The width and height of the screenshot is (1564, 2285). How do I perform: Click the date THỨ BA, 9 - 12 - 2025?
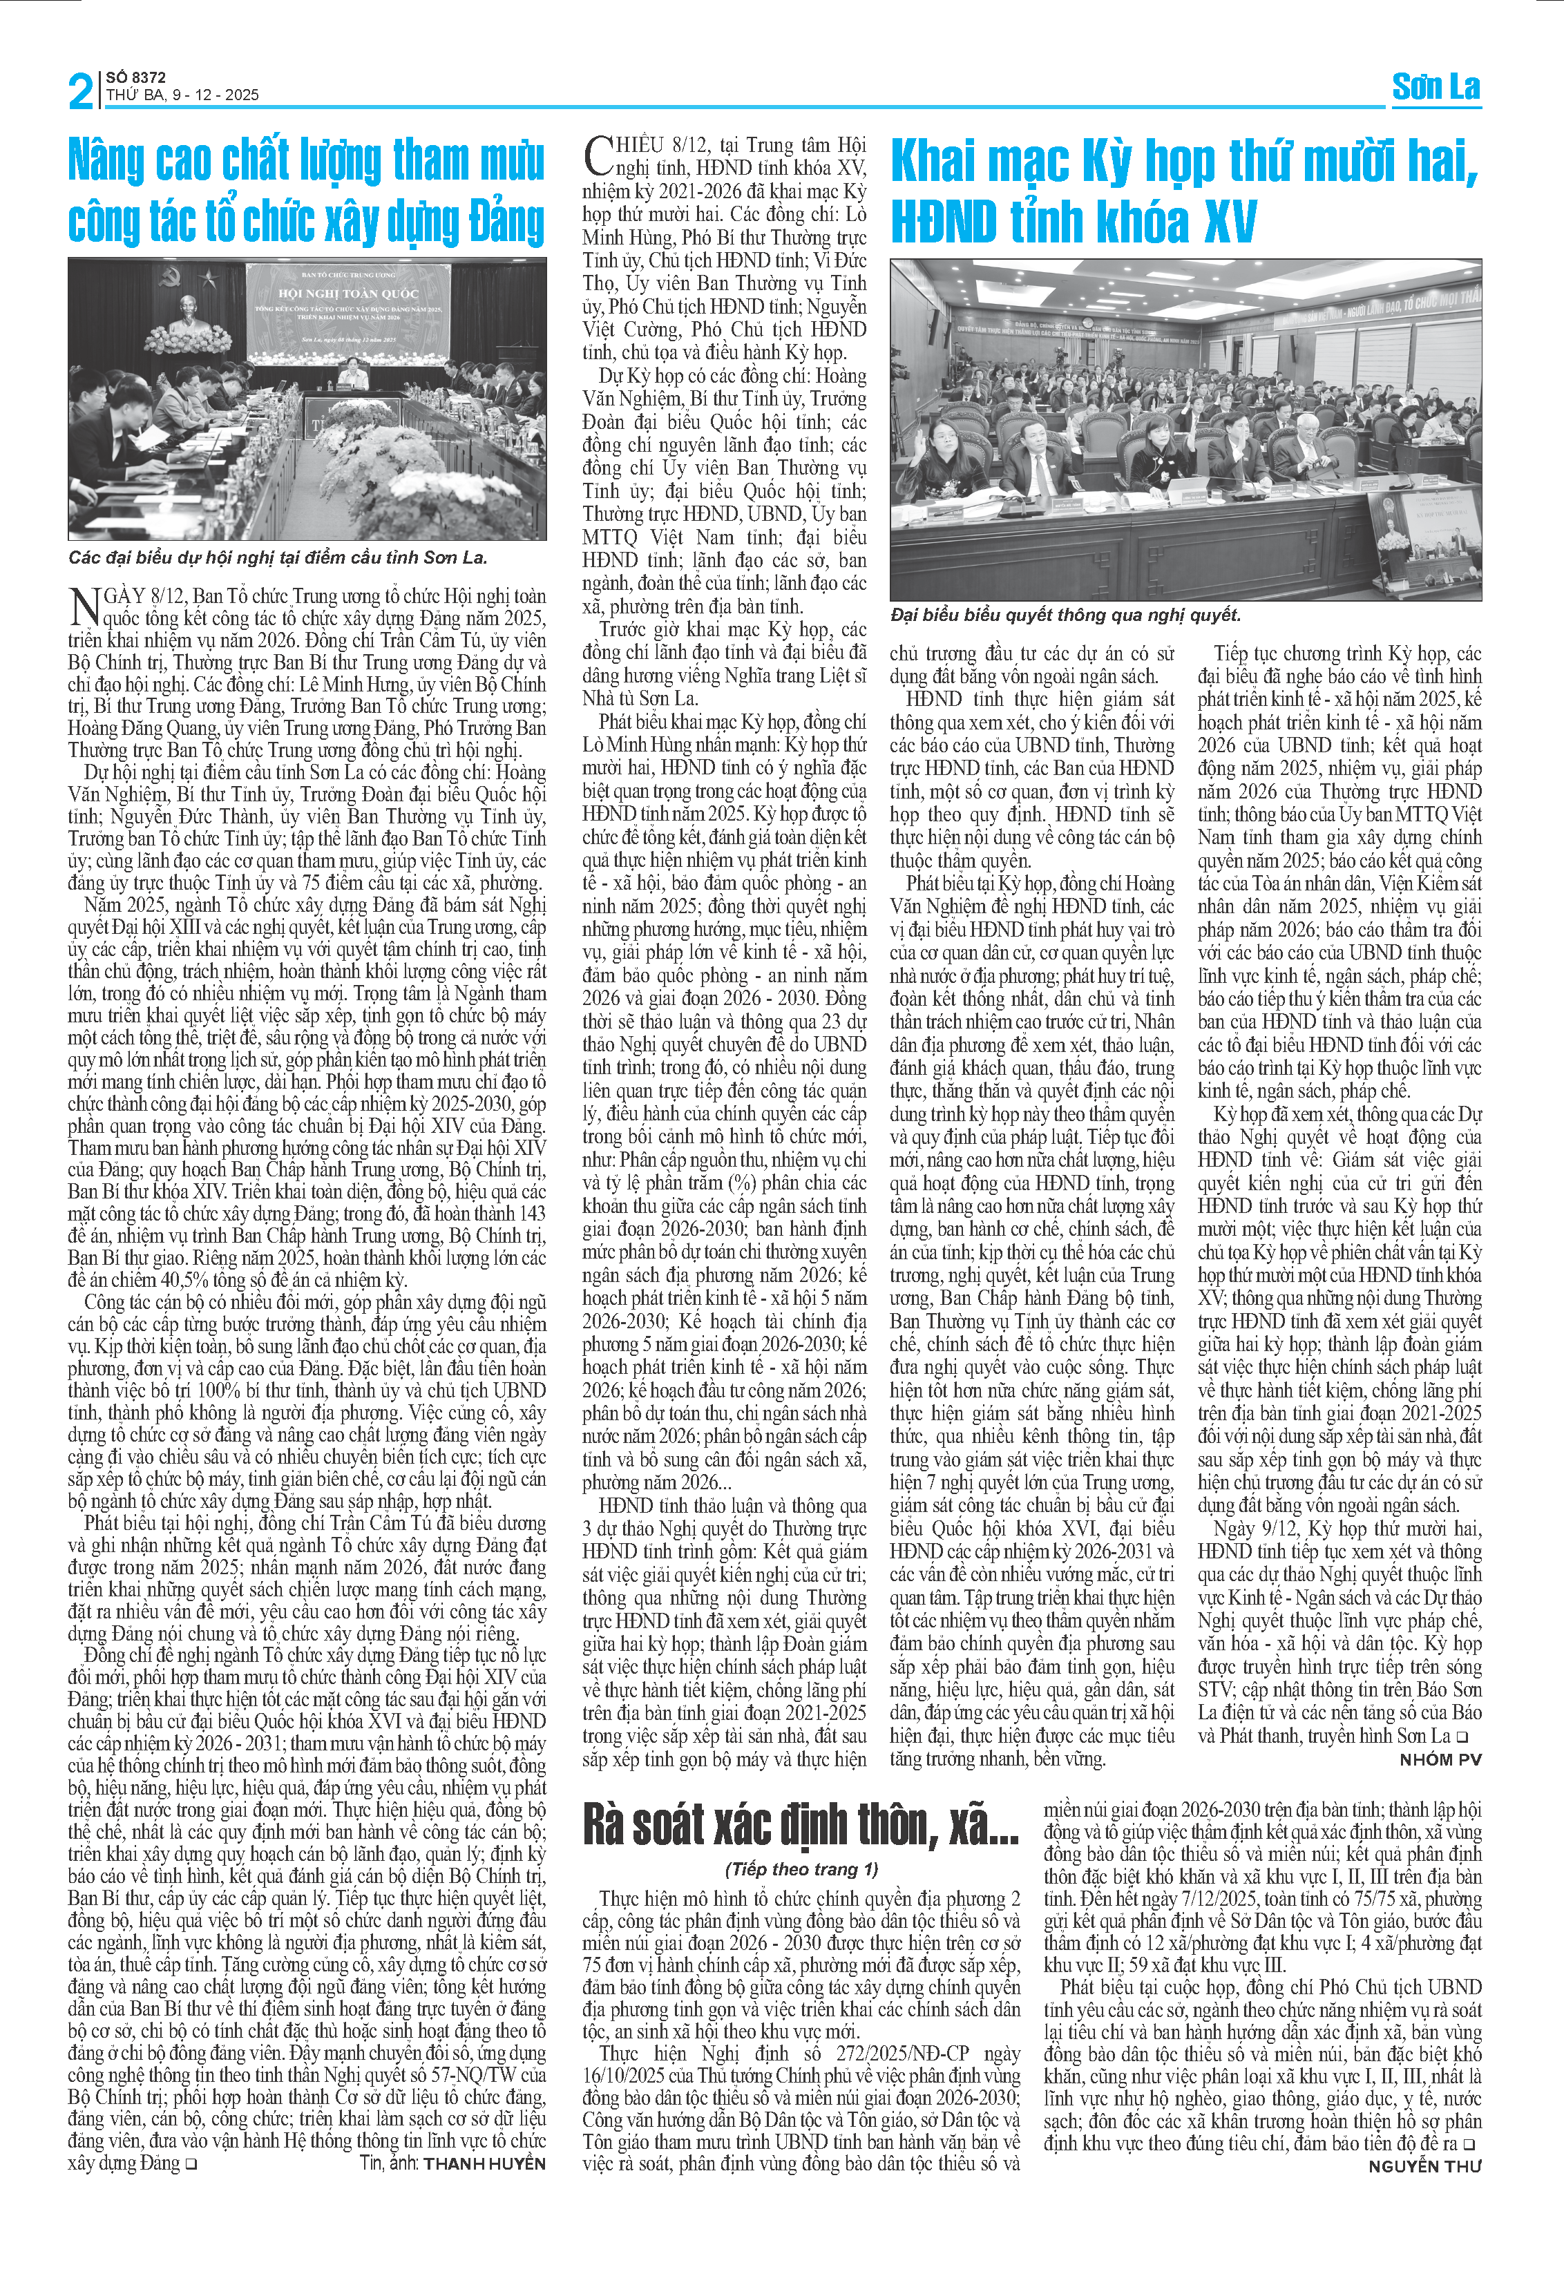(x=183, y=95)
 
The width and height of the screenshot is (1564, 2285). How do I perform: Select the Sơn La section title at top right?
(x=1436, y=88)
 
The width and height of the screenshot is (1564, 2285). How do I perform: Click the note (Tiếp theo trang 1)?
(x=801, y=1869)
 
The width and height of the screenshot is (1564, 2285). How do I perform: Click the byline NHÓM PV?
(x=1440, y=1760)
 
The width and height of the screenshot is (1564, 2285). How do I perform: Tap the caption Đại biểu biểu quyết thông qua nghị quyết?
(x=1066, y=615)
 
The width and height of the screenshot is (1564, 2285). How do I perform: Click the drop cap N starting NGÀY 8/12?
(x=84, y=606)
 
